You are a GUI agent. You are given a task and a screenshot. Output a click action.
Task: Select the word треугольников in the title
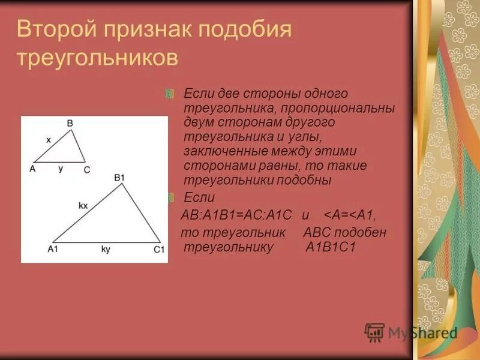(x=97, y=59)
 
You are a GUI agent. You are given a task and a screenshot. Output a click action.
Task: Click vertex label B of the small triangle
(x=70, y=123)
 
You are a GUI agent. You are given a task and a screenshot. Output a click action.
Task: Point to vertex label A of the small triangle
(x=32, y=169)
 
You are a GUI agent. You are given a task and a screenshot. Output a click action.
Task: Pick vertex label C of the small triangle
(x=87, y=170)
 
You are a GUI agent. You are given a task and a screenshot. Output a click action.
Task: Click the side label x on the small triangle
(x=49, y=139)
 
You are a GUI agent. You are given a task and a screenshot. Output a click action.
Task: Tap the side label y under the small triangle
(x=61, y=169)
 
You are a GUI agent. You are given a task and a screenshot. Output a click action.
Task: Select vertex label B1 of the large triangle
(x=119, y=178)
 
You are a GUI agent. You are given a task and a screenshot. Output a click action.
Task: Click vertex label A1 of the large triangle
(x=52, y=249)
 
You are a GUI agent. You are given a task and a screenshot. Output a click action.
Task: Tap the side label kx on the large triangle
(x=83, y=205)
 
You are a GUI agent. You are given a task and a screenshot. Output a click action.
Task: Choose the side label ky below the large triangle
(x=106, y=248)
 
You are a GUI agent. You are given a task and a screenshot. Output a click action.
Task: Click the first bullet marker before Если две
(x=170, y=94)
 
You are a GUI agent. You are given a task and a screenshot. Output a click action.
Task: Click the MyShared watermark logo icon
(x=375, y=332)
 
